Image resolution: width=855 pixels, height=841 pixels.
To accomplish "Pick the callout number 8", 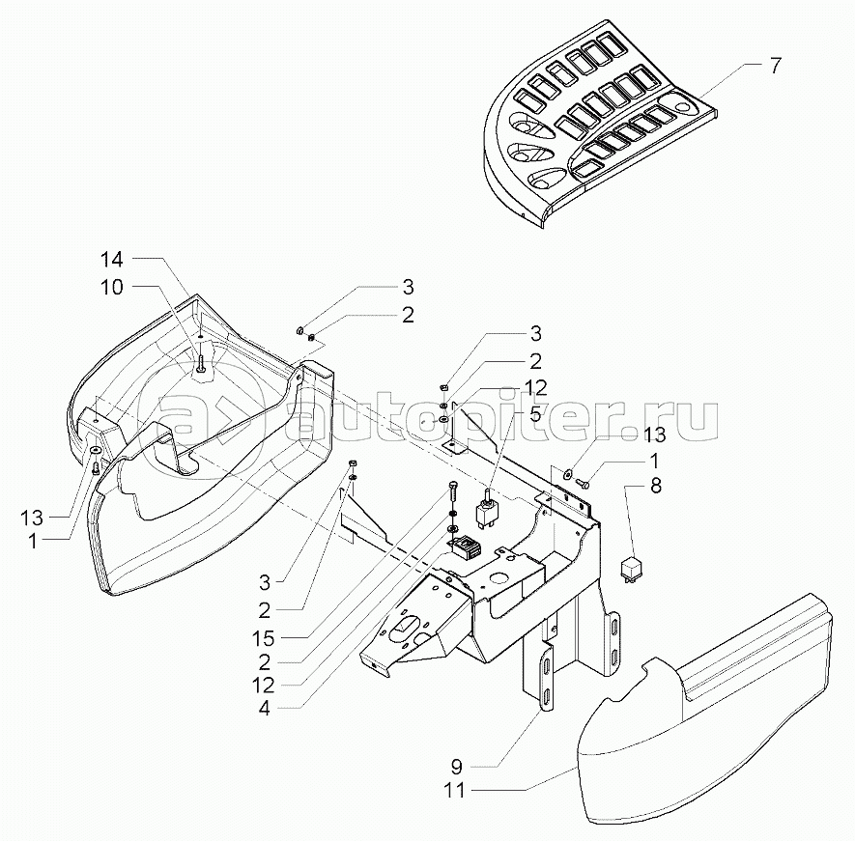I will (655, 487).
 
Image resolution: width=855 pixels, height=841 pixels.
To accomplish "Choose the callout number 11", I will (457, 790).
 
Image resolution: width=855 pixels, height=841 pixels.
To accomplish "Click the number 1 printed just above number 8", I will (655, 461).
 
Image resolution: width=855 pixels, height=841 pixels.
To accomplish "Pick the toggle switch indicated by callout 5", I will (489, 506).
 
